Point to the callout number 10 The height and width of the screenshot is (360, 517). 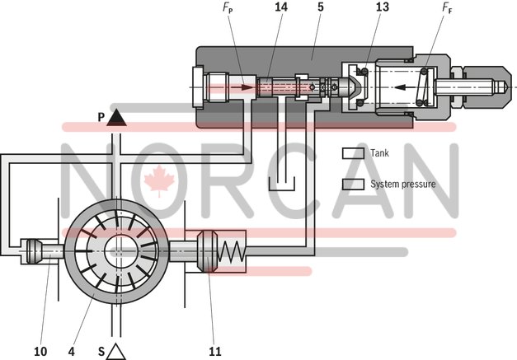click(x=40, y=350)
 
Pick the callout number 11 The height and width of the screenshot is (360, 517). click(x=214, y=350)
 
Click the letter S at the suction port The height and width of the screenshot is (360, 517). click(x=101, y=351)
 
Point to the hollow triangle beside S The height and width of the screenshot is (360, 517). click(x=116, y=351)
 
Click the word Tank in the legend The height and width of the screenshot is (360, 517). click(x=379, y=152)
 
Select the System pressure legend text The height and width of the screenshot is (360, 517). click(x=402, y=184)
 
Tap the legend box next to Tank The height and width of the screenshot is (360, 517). click(x=354, y=152)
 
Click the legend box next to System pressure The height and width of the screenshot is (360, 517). click(x=354, y=184)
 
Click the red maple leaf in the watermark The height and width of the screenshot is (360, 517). click(x=155, y=180)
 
